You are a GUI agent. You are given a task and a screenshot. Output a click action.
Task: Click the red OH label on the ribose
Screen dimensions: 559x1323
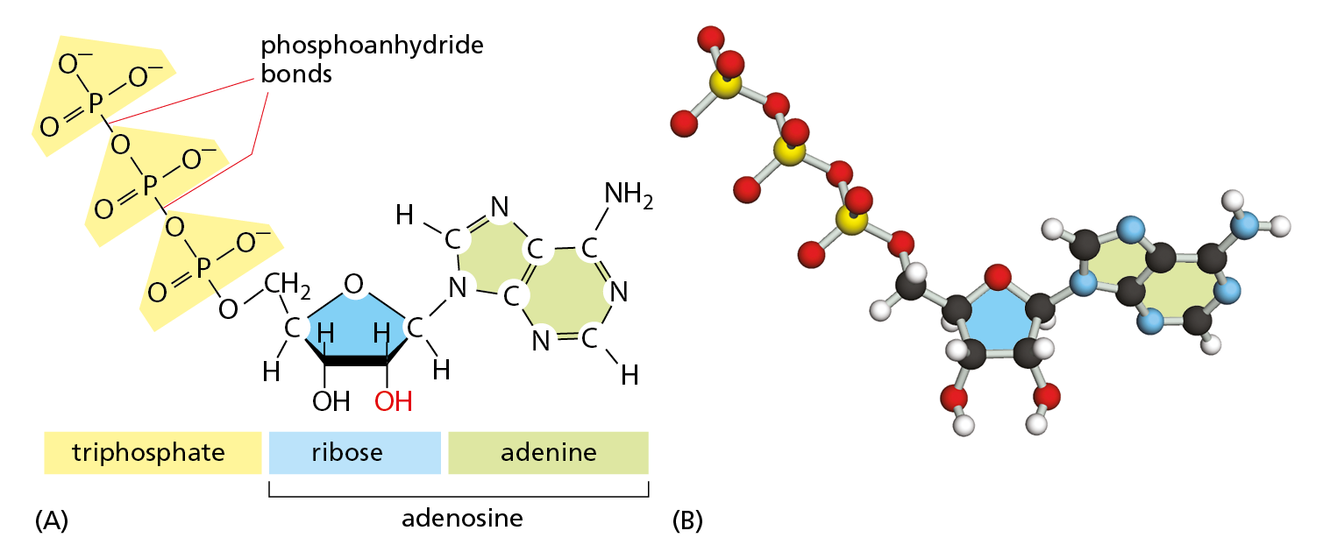pyautogui.click(x=394, y=401)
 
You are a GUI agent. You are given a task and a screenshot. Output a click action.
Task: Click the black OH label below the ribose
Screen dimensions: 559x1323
pyautogui.click(x=331, y=401)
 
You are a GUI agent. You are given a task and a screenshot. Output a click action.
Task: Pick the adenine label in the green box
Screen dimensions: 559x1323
pyautogui.click(x=549, y=453)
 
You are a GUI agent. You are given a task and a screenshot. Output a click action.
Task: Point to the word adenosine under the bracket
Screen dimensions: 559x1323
pyautogui.click(x=462, y=518)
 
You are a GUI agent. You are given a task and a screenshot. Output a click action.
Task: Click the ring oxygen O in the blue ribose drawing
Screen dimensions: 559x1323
pyautogui.click(x=353, y=284)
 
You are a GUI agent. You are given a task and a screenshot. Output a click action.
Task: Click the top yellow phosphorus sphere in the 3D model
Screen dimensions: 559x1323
pyautogui.click(x=725, y=85)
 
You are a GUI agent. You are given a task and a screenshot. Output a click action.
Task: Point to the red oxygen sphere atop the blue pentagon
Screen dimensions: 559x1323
pyautogui.click(x=997, y=279)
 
